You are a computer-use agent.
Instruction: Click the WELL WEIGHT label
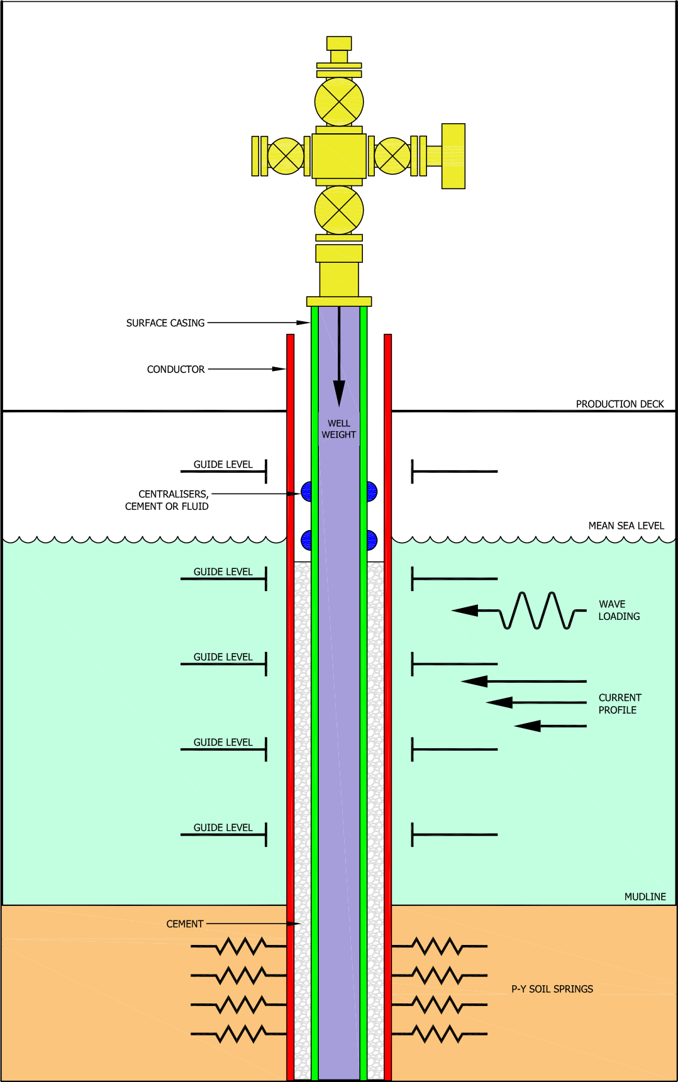pos(338,429)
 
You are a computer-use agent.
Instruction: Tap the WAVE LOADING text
pos(619,610)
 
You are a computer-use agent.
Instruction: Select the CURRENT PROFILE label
pos(620,704)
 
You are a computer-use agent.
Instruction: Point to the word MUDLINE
pos(645,897)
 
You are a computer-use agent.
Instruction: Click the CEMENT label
pos(184,924)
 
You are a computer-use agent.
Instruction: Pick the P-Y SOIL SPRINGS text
pos(552,989)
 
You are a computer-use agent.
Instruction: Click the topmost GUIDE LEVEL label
pos(223,571)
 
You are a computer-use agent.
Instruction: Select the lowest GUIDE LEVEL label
pos(223,827)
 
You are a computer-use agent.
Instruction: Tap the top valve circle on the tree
pos(339,102)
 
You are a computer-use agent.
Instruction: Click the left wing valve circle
pos(286,156)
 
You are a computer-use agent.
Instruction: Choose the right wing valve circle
pos(392,156)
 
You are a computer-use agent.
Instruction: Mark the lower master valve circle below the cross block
pos(339,210)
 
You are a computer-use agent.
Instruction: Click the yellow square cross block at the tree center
pos(339,156)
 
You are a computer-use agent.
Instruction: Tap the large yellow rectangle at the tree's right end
pos(453,156)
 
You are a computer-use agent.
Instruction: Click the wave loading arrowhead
pos(465,610)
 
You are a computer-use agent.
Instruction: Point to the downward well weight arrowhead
pos(339,393)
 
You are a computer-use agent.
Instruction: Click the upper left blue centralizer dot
pos(307,492)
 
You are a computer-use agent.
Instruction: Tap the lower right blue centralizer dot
pos(371,540)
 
